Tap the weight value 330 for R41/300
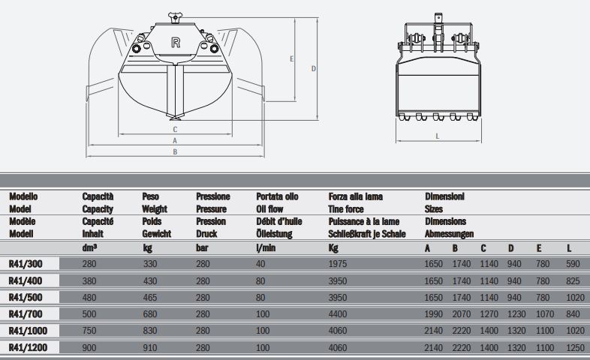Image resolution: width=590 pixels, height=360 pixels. (x=150, y=263)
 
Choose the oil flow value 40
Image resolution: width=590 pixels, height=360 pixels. (x=261, y=263)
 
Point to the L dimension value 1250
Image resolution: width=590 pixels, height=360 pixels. (x=575, y=347)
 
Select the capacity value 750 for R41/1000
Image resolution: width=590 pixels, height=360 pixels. (x=90, y=330)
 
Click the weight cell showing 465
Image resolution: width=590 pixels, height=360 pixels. (x=150, y=297)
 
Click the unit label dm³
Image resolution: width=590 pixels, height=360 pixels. (x=92, y=247)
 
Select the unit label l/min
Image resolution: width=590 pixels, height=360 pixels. (x=266, y=247)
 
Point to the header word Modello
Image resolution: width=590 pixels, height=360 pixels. (x=24, y=196)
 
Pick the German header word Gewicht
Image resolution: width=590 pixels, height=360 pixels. (x=156, y=233)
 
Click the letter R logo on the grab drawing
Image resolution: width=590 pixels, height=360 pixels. (x=176, y=43)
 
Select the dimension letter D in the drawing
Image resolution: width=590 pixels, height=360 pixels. (x=314, y=68)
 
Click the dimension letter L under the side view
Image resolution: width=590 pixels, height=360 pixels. (x=437, y=136)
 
